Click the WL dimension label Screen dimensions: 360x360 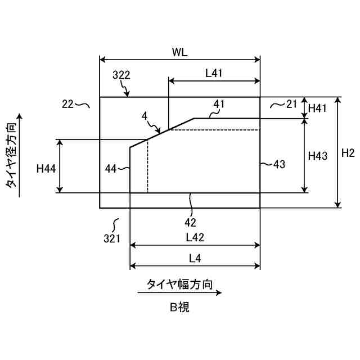coord(180,52)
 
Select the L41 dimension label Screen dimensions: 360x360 coord(214,73)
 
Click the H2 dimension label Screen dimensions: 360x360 coord(348,152)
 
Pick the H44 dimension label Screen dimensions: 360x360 coord(46,168)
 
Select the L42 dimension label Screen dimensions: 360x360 coord(195,238)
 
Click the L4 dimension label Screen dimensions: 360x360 coord(195,258)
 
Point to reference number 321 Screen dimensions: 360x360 coord(112,238)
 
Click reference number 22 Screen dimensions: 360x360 coord(68,103)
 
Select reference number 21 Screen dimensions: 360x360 coord(291,103)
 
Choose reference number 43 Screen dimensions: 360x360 coord(279,164)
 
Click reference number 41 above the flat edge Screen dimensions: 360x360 coord(219,103)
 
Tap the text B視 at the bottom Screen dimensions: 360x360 coord(180,307)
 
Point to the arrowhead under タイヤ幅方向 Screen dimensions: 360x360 coord(219,293)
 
